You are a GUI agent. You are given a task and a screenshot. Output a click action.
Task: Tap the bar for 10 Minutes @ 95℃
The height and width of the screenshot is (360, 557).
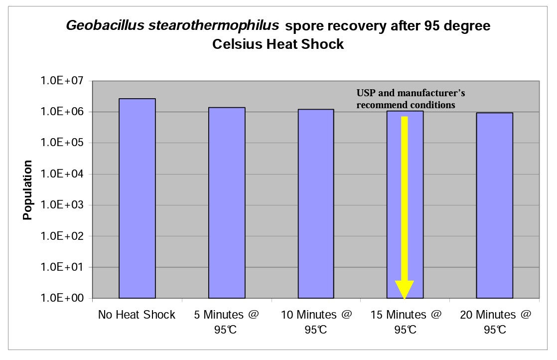pyautogui.click(x=316, y=204)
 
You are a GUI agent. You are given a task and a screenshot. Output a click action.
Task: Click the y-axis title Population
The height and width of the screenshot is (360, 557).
pyautogui.click(x=27, y=190)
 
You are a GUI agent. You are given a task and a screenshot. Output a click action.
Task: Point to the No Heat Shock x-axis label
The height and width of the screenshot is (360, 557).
pyautogui.click(x=137, y=315)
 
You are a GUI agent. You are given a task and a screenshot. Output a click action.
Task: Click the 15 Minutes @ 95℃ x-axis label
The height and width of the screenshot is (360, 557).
pyautogui.click(x=405, y=322)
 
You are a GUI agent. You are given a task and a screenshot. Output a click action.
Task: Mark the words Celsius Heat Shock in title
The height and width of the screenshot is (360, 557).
pyautogui.click(x=278, y=44)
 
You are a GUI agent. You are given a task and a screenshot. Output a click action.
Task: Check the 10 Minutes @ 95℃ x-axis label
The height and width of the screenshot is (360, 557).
pyautogui.click(x=316, y=322)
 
